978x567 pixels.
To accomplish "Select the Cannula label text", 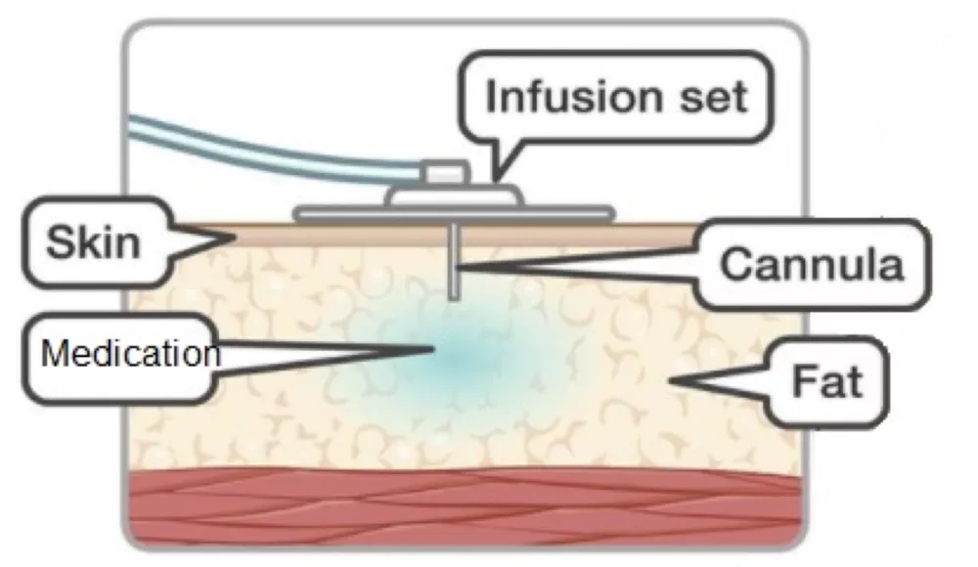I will coord(812,264).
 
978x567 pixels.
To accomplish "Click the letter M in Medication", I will coord(51,353).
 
